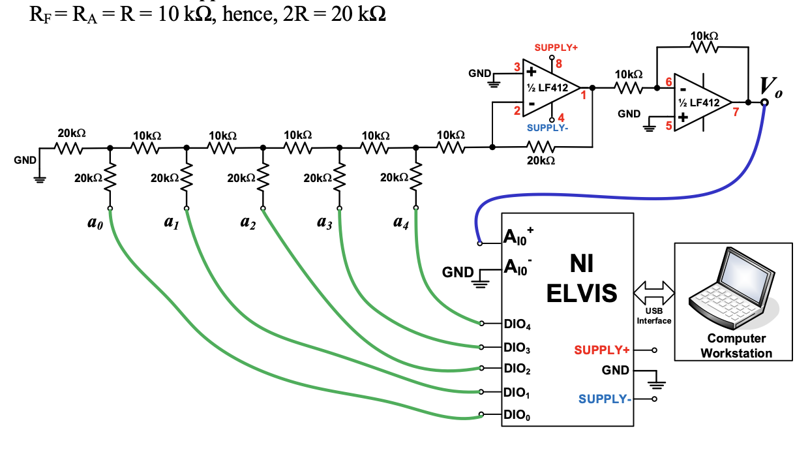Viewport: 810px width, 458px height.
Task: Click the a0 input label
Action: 95,223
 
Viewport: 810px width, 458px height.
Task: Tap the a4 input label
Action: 401,223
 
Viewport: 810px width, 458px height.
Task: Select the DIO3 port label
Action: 517,348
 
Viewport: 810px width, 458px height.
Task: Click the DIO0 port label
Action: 517,415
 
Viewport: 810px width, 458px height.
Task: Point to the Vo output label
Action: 770,87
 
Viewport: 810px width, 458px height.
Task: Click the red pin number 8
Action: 559,64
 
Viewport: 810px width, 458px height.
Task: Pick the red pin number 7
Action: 736,112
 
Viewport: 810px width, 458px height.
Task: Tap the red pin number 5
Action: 668,125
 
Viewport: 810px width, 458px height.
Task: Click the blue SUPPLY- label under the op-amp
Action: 547,128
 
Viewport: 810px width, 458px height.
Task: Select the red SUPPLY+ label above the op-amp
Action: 556,48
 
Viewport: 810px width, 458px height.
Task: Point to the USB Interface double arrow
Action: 654,293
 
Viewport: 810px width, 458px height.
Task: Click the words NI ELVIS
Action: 582,278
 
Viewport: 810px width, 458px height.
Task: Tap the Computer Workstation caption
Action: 736,346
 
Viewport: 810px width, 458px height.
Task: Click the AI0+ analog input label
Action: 518,237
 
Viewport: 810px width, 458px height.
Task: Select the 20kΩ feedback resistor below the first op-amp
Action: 541,147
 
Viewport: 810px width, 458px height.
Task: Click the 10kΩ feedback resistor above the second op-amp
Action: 704,47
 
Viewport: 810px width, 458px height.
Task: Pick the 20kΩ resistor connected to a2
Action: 263,177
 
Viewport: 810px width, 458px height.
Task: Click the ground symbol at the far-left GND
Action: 40,180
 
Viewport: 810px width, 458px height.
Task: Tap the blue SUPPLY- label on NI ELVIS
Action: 605,399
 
